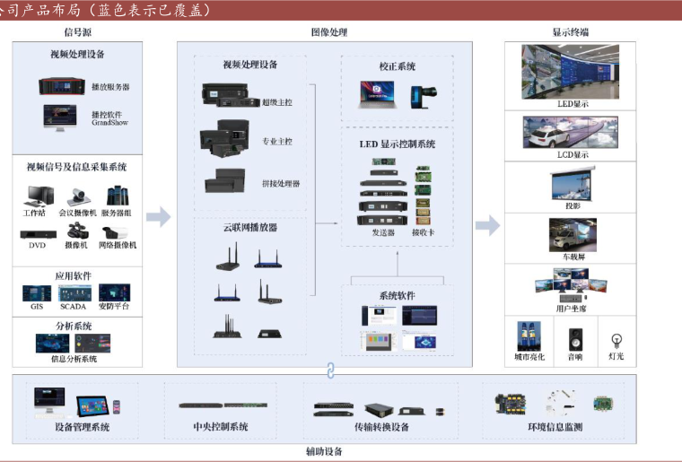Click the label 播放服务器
pos(110,87)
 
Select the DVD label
pos(37,245)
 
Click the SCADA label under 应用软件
pos(74,307)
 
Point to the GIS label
pos(37,307)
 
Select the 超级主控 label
pos(277,101)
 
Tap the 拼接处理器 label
pos(281,183)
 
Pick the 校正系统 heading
pos(397,66)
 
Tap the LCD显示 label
pos(573,154)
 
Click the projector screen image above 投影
pos(573,186)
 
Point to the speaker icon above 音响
pos(574,339)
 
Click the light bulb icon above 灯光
pos(616,339)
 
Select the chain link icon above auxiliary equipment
pos(330,370)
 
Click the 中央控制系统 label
pos(221,427)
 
